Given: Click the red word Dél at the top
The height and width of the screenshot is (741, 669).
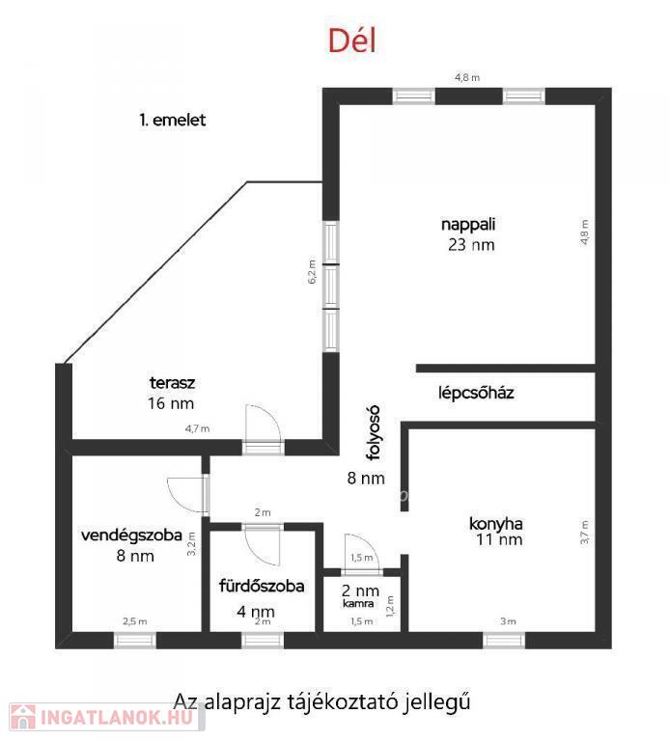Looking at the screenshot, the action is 352,41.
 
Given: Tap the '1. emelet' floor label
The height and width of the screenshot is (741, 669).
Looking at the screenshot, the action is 173,120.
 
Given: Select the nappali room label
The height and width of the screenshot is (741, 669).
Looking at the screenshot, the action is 468,224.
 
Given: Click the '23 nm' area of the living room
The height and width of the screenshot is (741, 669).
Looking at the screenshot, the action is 471,245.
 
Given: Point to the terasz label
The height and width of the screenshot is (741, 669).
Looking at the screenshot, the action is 172,382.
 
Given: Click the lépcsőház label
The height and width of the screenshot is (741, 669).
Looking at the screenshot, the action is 476,393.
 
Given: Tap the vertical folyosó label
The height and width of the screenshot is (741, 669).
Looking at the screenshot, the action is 374,432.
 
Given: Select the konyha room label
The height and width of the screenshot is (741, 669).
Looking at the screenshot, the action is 495,524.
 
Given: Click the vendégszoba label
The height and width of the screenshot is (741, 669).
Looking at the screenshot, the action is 131,535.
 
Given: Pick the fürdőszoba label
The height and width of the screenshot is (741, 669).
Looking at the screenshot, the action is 262,586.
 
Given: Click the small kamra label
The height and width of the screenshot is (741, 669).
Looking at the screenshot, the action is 358,603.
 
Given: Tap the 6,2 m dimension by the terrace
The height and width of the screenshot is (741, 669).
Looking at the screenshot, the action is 312,272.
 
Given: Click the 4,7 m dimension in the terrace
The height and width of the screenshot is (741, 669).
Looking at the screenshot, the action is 197,428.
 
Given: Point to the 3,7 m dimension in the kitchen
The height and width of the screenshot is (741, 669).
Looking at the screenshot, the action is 585,533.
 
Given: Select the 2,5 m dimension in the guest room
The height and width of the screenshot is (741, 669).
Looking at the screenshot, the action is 135,621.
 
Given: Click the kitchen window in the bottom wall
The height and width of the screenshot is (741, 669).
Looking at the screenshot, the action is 504,641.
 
